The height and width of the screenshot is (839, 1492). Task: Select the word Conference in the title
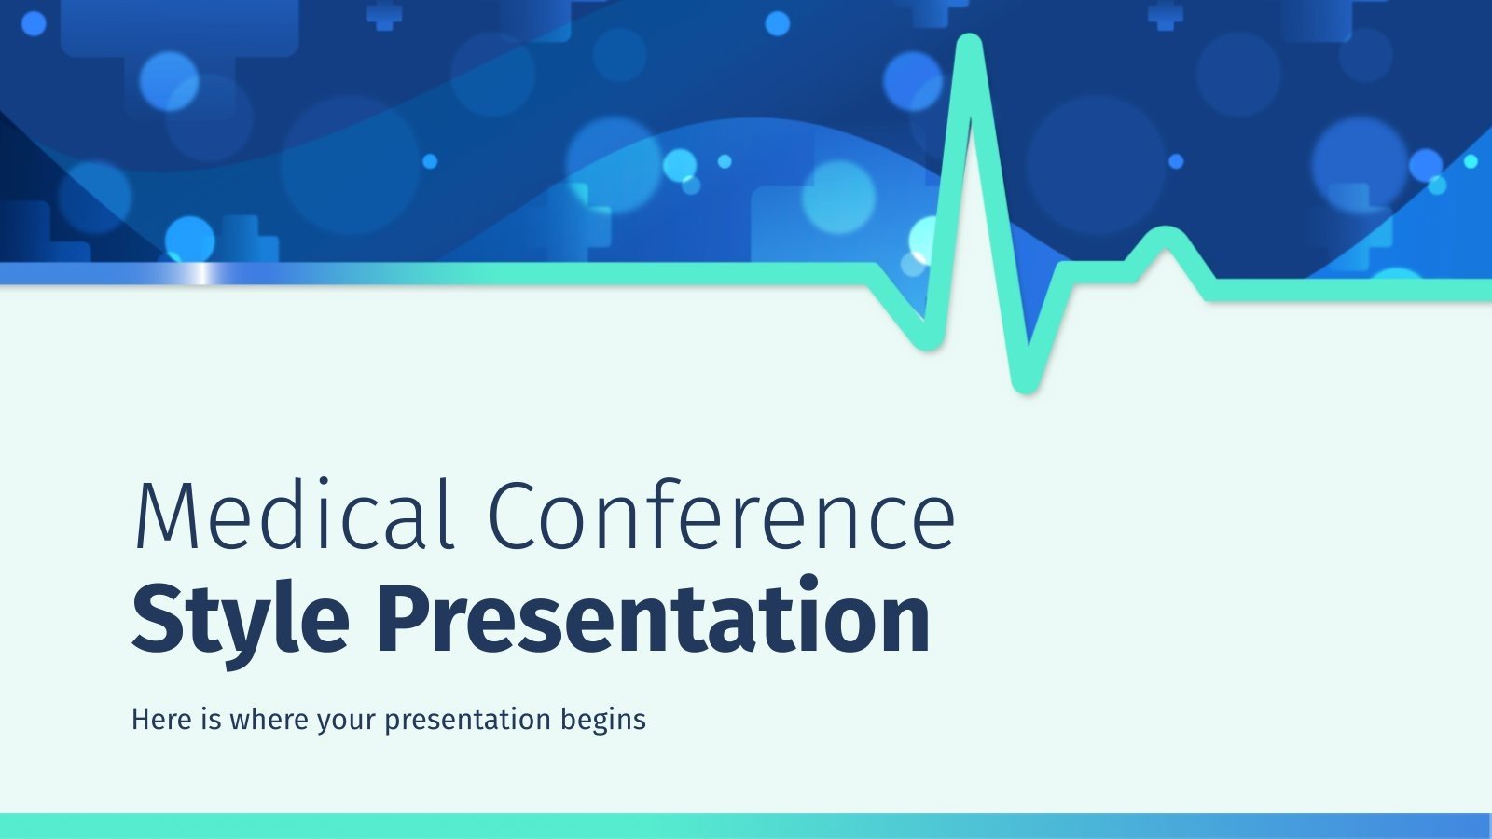[x=721, y=515]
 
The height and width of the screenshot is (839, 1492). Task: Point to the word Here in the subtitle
[x=161, y=720]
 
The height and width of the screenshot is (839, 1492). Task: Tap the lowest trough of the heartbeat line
[x=1025, y=380]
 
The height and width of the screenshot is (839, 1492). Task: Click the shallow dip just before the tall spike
[x=927, y=339]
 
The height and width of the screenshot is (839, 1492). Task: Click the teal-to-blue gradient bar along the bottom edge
[x=746, y=825]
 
